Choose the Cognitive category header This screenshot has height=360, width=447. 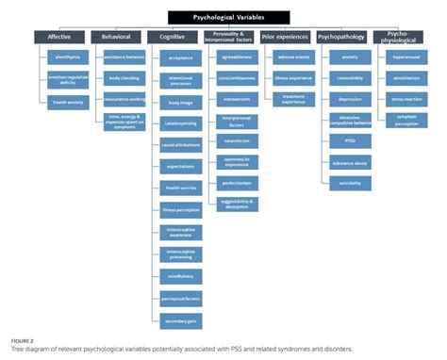(x=172, y=37)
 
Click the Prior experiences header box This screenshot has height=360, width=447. (x=287, y=37)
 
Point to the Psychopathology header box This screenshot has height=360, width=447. (x=343, y=37)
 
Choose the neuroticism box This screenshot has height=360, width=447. (x=236, y=139)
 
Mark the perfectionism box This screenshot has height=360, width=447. (x=236, y=182)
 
